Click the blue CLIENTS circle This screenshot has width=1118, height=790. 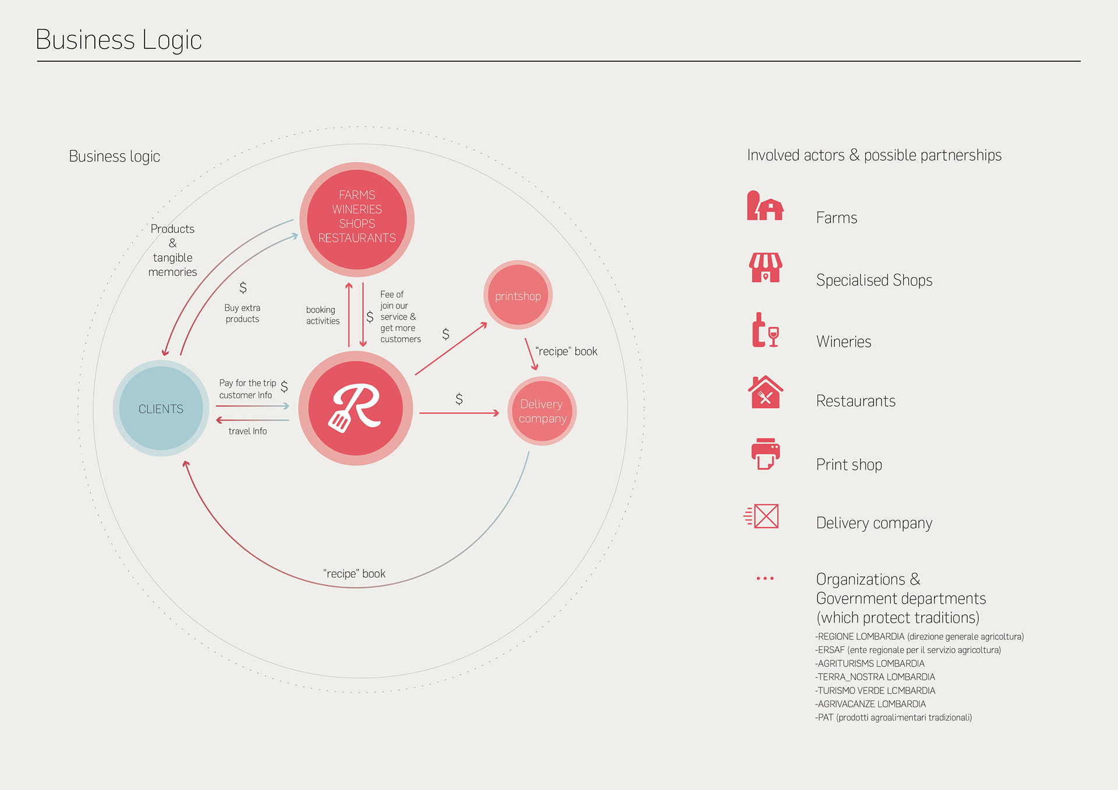[x=161, y=408]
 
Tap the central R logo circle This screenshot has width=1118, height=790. [x=356, y=408]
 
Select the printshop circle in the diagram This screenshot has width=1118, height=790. [x=518, y=295]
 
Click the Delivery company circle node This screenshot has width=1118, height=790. [x=542, y=411]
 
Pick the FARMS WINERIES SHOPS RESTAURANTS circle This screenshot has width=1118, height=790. [x=357, y=219]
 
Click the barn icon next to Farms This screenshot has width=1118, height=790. [x=765, y=206]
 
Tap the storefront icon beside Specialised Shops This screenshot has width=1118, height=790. [x=765, y=268]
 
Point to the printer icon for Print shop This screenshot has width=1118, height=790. [x=765, y=454]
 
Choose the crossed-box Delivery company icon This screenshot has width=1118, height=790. [x=762, y=516]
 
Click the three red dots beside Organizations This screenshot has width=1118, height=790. [x=765, y=578]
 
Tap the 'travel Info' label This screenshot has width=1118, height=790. [x=247, y=431]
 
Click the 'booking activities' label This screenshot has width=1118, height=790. [x=323, y=315]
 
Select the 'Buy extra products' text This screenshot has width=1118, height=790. [x=242, y=313]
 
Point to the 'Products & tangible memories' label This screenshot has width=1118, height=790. [x=172, y=250]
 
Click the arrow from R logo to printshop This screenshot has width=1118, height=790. [x=451, y=349]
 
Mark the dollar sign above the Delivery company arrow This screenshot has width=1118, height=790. [x=459, y=399]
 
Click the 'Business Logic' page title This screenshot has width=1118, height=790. [x=119, y=40]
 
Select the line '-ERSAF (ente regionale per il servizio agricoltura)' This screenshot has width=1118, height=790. [x=907, y=650]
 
